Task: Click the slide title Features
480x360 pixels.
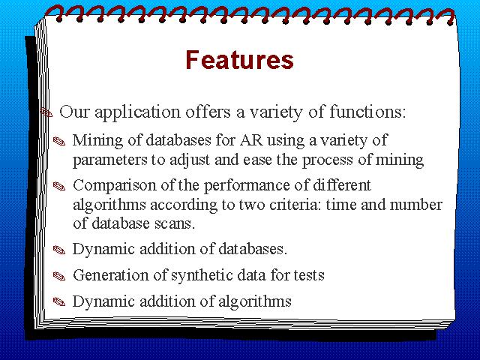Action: [x=240, y=60]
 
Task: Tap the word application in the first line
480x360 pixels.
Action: [x=137, y=112]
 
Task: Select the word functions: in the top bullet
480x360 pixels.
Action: [x=367, y=112]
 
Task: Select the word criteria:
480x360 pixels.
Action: [x=295, y=205]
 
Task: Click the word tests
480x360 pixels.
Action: [x=309, y=275]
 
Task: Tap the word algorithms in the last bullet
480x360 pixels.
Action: [x=255, y=302]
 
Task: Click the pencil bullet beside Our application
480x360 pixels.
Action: [x=46, y=112]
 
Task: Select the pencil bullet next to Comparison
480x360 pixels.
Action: [x=59, y=186]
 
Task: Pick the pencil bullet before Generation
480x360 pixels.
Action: [x=59, y=276]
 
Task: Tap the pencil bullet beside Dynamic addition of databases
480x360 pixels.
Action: [x=59, y=250]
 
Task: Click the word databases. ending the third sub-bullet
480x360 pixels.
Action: [x=253, y=249]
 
